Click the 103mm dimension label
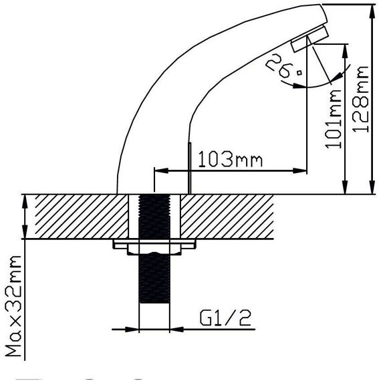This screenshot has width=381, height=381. tap(231, 159)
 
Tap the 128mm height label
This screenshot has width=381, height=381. tap(361, 99)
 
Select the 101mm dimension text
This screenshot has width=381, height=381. tap(334, 119)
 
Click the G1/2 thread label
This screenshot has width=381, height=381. tap(225, 318)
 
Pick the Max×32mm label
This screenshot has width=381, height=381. tap(13, 306)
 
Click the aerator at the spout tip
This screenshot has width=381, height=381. tap(310, 38)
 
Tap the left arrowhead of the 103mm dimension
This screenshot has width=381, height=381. tap(161, 170)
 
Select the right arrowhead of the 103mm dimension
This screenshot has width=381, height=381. tap(300, 170)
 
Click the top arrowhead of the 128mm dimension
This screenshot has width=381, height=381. tap(372, 11)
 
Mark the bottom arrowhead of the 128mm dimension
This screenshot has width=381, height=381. tap(372, 187)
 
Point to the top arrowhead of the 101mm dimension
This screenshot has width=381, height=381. tap(345, 51)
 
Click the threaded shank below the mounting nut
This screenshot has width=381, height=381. tap(154, 278)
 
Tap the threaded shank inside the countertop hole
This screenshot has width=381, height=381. tap(154, 217)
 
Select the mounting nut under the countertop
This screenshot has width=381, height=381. tap(154, 247)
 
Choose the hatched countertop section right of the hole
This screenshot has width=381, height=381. tap(227, 217)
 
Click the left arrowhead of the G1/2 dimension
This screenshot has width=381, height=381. tap(132, 330)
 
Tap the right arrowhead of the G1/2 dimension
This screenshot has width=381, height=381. tap(177, 330)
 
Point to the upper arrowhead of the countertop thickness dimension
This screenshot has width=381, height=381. tap(25, 202)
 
